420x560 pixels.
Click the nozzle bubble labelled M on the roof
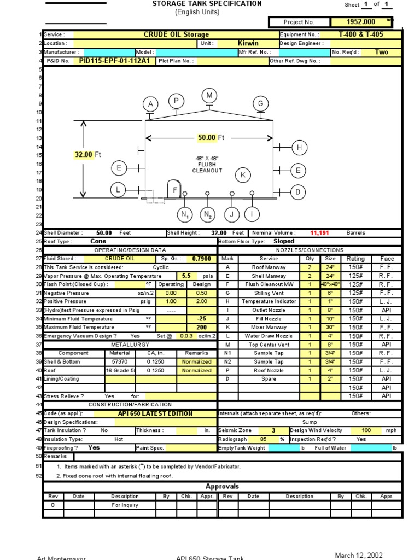point(209,96)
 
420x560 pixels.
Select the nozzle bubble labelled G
point(260,104)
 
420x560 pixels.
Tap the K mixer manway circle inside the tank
point(243,175)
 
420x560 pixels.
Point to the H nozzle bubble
point(299,147)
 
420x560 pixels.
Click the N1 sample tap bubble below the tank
point(185,214)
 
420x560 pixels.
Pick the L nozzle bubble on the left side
point(118,190)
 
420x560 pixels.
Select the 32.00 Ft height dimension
point(87,155)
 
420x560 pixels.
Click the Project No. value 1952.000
point(361,22)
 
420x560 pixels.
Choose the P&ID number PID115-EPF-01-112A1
point(114,61)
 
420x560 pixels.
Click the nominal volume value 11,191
point(319,233)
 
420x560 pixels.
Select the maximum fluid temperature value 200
point(201,328)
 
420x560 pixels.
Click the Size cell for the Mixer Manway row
point(330,328)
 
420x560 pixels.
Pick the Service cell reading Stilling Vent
point(269,293)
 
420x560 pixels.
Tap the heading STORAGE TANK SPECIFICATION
point(207,4)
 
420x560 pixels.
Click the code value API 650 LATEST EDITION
point(155,414)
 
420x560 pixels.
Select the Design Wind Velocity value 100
point(366,430)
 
